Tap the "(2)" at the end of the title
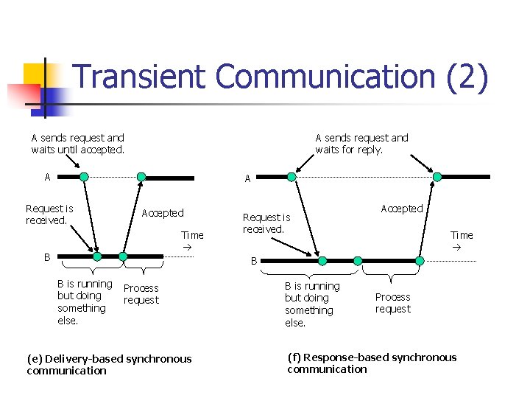pyautogui.click(x=467, y=77)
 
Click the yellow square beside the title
pyautogui.click(x=39, y=76)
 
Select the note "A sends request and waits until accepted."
pyautogui.click(x=77, y=144)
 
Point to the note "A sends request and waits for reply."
pyautogui.click(x=361, y=144)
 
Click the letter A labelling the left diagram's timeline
pyautogui.click(x=47, y=177)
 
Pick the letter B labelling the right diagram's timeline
pyautogui.click(x=253, y=260)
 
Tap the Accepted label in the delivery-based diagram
pyautogui.click(x=163, y=213)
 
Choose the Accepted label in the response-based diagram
pyautogui.click(x=401, y=209)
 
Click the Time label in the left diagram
pyautogui.click(x=192, y=235)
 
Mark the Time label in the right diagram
pyautogui.click(x=462, y=235)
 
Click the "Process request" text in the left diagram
pyautogui.click(x=141, y=294)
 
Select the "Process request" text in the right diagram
pyautogui.click(x=392, y=303)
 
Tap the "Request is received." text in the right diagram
pyautogui.click(x=266, y=223)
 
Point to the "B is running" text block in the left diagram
pyautogui.click(x=84, y=302)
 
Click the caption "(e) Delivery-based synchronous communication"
pyautogui.click(x=109, y=365)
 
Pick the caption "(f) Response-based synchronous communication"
pyautogui.click(x=372, y=363)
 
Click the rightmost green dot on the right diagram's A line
pyautogui.click(x=437, y=177)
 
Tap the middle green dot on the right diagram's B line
pyautogui.click(x=358, y=261)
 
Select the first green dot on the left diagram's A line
pyautogui.click(x=84, y=177)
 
